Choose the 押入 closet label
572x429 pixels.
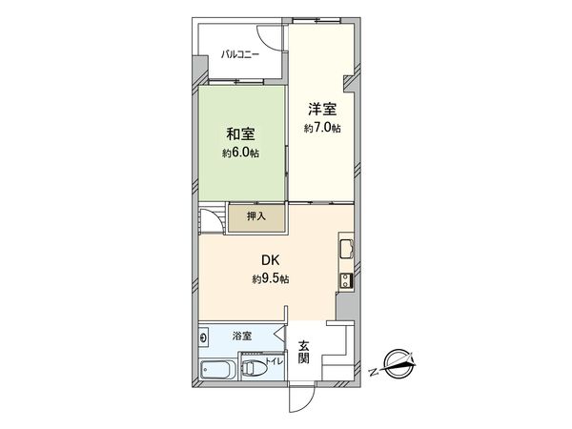point(255,217)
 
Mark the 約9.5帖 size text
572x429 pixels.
point(272,278)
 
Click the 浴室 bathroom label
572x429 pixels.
point(241,336)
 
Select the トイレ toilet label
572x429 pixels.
point(272,361)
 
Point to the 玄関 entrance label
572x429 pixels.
point(303,352)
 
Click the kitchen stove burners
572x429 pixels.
point(345,280)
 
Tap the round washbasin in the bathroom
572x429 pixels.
point(204,337)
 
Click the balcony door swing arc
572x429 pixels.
point(274,35)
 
